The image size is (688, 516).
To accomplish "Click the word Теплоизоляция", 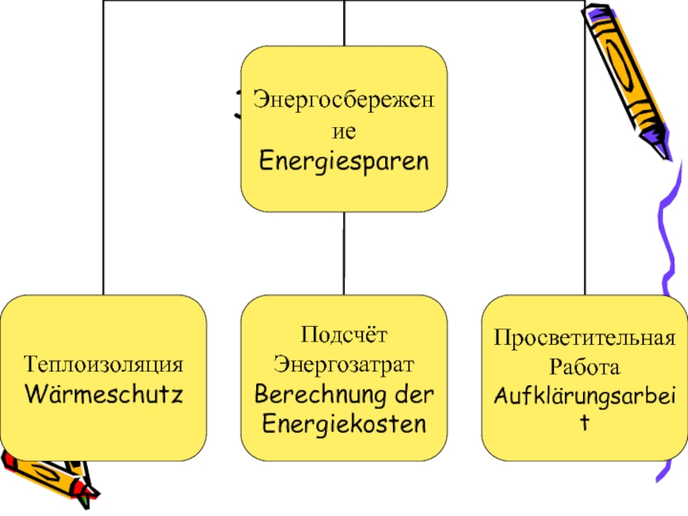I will click(103, 365).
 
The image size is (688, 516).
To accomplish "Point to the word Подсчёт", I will click(344, 333).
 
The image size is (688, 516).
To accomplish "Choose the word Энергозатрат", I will click(344, 363).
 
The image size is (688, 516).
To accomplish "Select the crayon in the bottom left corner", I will click(47, 473).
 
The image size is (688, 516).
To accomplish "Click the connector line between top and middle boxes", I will click(344, 254).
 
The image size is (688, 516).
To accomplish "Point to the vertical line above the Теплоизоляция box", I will click(103, 172).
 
